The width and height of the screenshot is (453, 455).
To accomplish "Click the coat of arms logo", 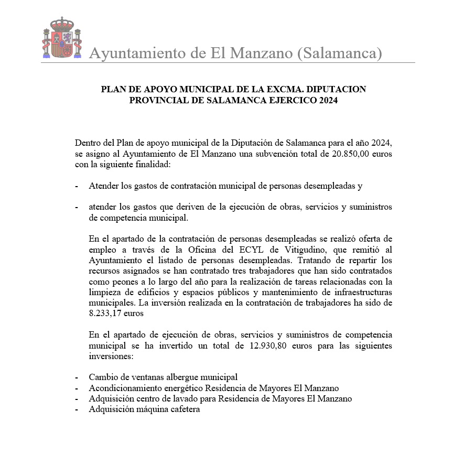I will pyautogui.click(x=62, y=38).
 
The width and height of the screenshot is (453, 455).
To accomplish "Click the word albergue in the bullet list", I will pyautogui.click(x=176, y=377).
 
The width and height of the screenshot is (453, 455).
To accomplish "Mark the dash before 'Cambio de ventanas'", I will pyautogui.click(x=77, y=377).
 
